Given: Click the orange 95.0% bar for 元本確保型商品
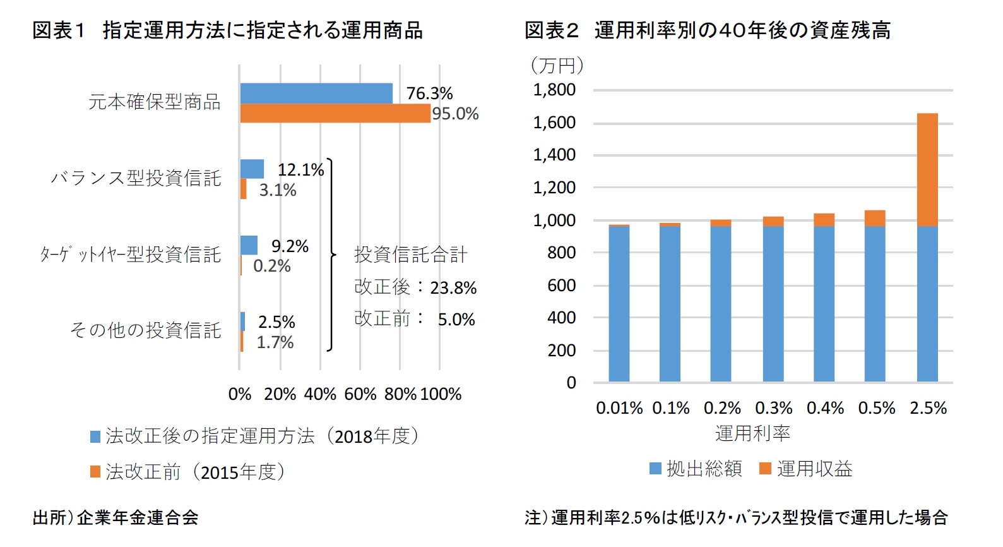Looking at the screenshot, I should [x=335, y=114].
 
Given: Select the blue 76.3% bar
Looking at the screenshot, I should [x=316, y=93].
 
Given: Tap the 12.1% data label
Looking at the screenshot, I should [x=300, y=170].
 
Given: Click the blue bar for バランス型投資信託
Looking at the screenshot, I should [x=252, y=169].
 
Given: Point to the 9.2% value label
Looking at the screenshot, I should [x=290, y=246].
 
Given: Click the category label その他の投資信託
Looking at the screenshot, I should [x=145, y=330].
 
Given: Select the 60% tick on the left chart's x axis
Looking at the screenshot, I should [x=360, y=394].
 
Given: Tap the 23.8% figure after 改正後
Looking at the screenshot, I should [x=453, y=288].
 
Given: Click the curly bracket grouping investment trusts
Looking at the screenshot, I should [x=331, y=255].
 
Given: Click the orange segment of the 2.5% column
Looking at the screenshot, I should [x=927, y=169].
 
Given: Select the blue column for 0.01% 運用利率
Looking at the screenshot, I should [x=619, y=303].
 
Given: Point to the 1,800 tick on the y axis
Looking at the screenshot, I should [x=554, y=90].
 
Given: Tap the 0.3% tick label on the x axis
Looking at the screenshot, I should [x=773, y=408].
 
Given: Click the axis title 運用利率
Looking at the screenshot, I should [x=752, y=433].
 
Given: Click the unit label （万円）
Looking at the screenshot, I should [x=557, y=64].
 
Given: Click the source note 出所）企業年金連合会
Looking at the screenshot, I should [x=116, y=518].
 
